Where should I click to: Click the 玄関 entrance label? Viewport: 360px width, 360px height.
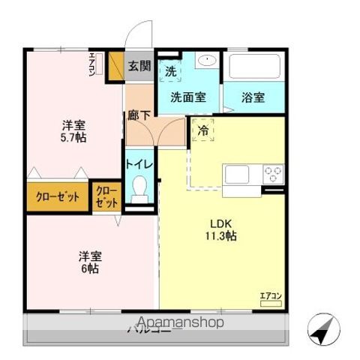pyautogui.click(x=138, y=66)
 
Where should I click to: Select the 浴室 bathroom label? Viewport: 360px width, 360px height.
pyautogui.click(x=253, y=97)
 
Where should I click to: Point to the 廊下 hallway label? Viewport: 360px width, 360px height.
pyautogui.click(x=137, y=116)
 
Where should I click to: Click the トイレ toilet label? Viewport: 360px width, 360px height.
pyautogui.click(x=139, y=164)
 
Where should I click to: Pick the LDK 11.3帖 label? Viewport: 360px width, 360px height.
pyautogui.click(x=223, y=229)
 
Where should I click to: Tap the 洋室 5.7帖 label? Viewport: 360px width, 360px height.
pyautogui.click(x=73, y=132)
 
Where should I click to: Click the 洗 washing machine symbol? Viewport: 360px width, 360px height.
pyautogui.click(x=171, y=71)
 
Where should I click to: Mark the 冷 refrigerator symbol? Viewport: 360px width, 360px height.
pyautogui.click(x=203, y=130)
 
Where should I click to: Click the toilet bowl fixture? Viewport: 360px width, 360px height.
pyautogui.click(x=139, y=190)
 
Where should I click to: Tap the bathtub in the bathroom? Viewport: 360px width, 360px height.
pyautogui.click(x=255, y=66)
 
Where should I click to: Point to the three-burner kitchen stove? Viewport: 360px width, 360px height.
pyautogui.click(x=272, y=175)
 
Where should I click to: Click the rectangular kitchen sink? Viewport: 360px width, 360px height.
pyautogui.click(x=238, y=175)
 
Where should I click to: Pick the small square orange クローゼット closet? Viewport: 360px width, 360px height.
pyautogui.click(x=106, y=198)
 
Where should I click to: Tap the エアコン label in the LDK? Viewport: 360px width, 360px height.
pyautogui.click(x=270, y=296)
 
